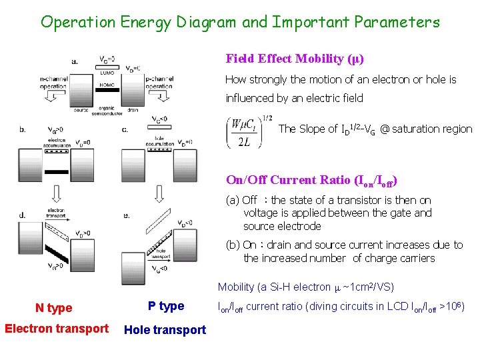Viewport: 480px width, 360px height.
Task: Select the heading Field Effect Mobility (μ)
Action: (295, 59)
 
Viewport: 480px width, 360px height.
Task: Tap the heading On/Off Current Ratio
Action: (312, 180)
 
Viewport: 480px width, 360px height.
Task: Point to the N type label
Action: (54, 308)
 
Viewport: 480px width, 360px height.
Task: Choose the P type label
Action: (166, 306)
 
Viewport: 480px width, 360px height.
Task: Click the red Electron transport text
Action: (57, 328)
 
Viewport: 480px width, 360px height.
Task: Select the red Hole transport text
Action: (165, 329)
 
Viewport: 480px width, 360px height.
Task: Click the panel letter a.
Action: (75, 61)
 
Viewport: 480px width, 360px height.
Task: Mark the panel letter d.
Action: (23, 215)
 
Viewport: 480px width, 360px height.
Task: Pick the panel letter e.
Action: (126, 215)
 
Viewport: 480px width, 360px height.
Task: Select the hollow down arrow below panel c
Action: (158, 193)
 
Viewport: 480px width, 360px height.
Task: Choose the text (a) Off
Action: (242, 200)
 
